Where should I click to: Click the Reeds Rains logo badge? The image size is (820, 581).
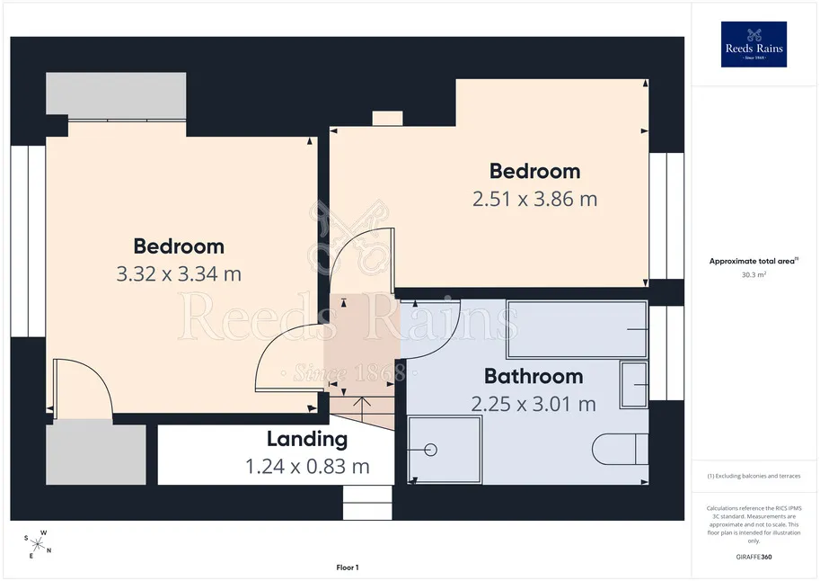[x=754, y=44]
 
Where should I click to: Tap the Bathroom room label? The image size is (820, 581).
[x=533, y=376]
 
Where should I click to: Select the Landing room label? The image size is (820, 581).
[x=307, y=439]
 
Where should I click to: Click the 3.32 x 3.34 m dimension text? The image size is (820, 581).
[x=179, y=274]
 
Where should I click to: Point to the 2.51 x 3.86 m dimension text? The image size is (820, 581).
[x=534, y=199]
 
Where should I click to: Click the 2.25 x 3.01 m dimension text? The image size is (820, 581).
[x=533, y=404]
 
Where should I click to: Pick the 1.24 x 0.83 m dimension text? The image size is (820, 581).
[x=307, y=466]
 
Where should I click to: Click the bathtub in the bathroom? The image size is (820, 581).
[x=577, y=329]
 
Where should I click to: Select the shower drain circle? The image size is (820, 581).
[x=430, y=450]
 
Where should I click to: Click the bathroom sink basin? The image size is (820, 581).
[x=634, y=385]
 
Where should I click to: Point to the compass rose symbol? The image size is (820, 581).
[x=37, y=544]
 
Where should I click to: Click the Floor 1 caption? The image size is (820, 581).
[x=348, y=568]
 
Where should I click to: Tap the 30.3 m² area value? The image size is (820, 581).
[x=754, y=274]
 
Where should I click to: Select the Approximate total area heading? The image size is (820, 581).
[x=753, y=261]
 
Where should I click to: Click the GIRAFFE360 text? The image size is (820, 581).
[x=754, y=557]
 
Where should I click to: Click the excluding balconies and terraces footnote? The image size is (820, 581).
[x=754, y=476]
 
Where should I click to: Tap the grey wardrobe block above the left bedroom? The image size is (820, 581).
[x=116, y=94]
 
